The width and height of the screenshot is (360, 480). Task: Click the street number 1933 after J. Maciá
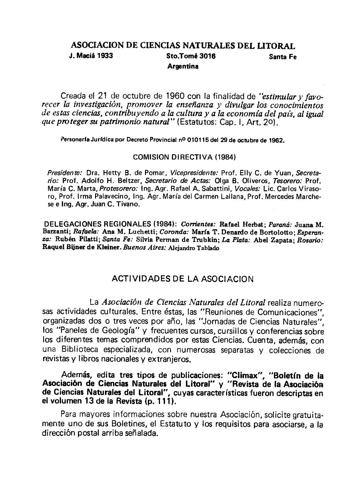click(x=105, y=56)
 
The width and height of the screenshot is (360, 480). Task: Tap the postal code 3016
click(x=207, y=56)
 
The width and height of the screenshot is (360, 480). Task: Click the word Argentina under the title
click(x=183, y=67)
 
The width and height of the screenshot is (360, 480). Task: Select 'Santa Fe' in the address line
click(x=283, y=57)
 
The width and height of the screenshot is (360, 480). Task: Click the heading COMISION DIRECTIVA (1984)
click(x=184, y=157)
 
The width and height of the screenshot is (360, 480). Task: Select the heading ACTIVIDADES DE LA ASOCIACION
click(x=183, y=279)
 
